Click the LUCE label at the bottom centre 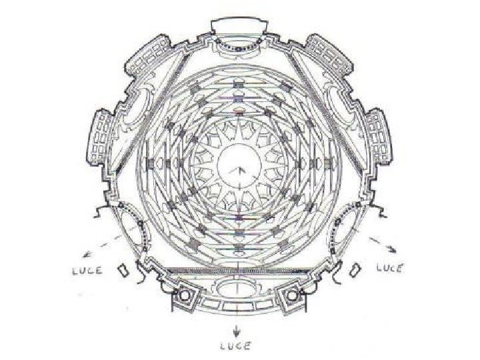pos(236,346)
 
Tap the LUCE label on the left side pos(87,271)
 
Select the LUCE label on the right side pos(389,268)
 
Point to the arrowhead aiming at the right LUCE pos(392,249)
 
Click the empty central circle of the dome pos(239,165)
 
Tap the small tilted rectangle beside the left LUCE pos(123,270)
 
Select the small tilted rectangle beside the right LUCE pos(355,269)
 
